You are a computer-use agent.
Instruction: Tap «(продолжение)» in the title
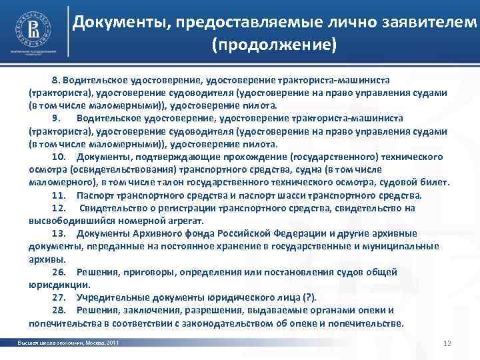point(274,45)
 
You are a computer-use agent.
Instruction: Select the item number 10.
point(58,157)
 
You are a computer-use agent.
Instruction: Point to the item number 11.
point(58,195)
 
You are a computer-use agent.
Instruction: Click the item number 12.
point(58,208)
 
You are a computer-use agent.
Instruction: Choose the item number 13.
point(58,233)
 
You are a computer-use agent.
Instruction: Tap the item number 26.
point(58,272)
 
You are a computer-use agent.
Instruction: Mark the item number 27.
point(58,297)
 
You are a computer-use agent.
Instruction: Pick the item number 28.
point(58,310)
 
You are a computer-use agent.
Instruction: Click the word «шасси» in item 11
point(286,195)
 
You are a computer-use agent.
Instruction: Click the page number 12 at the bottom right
point(447,343)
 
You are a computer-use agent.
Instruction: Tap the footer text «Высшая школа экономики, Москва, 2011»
point(69,343)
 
